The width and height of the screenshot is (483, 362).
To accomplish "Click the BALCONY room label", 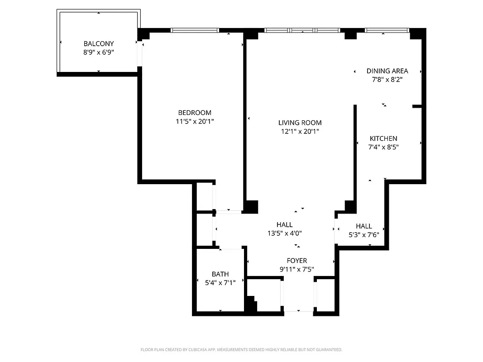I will click(x=99, y=44).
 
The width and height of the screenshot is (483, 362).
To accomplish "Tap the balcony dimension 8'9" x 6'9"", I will click(x=99, y=52).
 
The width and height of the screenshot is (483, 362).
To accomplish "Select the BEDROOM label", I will click(x=195, y=113).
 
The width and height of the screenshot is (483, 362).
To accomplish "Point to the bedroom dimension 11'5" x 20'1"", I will click(x=195, y=121).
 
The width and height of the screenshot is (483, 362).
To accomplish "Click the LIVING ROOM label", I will click(x=300, y=123).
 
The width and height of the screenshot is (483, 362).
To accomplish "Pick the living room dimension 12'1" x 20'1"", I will click(x=300, y=131).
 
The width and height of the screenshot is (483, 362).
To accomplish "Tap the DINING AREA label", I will click(x=387, y=71).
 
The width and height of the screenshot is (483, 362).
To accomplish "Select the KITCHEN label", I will click(x=383, y=138).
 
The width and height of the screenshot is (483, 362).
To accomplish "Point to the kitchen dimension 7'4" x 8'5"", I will click(x=383, y=147).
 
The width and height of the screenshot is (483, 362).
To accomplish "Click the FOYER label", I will click(x=297, y=261).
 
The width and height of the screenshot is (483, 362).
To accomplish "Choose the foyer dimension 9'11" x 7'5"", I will click(x=297, y=269).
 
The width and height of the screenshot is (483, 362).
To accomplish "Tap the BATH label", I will click(x=220, y=274).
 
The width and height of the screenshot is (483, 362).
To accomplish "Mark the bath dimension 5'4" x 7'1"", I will click(x=220, y=282).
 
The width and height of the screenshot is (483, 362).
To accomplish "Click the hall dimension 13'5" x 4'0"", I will click(x=284, y=233).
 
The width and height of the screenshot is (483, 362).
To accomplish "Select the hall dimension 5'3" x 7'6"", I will click(x=363, y=235).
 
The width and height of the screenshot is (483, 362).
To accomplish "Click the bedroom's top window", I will click(x=195, y=30).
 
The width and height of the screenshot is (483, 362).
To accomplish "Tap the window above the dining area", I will click(x=387, y=30).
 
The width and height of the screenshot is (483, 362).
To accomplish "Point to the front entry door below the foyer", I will click(x=298, y=311).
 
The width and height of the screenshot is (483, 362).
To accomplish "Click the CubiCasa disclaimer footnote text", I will click(x=241, y=350).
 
